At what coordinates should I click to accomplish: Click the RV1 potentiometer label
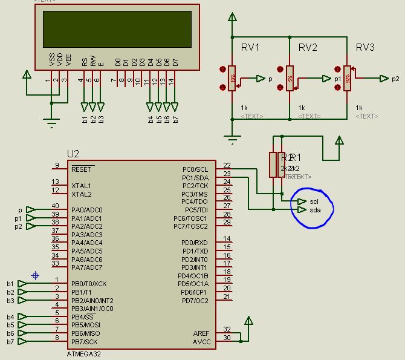(x=250, y=48)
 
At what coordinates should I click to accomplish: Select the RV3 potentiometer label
(x=365, y=48)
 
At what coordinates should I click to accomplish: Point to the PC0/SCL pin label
(x=195, y=169)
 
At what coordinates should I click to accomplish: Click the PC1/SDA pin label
(x=195, y=178)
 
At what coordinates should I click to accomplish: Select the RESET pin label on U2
(x=82, y=169)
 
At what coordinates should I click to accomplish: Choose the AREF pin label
(x=201, y=333)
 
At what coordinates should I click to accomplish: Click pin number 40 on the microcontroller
(x=56, y=206)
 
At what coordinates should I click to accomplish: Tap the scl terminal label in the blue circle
(x=314, y=201)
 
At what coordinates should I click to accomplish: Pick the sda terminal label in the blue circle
(x=314, y=210)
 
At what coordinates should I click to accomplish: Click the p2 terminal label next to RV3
(x=395, y=79)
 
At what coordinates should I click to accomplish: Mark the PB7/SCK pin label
(x=85, y=342)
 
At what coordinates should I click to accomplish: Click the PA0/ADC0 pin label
(x=86, y=210)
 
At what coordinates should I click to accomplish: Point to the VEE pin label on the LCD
(x=68, y=59)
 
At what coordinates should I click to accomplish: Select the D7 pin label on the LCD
(x=175, y=61)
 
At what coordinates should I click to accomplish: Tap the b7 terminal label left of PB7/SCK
(x=10, y=342)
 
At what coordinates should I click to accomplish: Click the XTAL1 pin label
(x=81, y=186)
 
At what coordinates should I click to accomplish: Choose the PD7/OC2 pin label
(x=194, y=301)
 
